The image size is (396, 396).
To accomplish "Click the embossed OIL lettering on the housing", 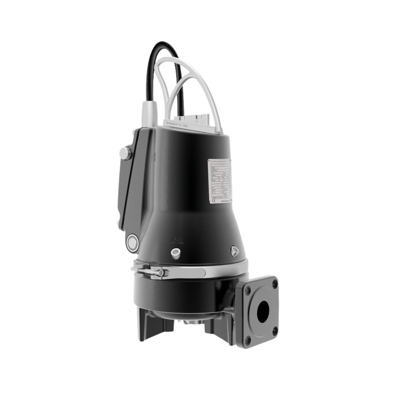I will point(178,241).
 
